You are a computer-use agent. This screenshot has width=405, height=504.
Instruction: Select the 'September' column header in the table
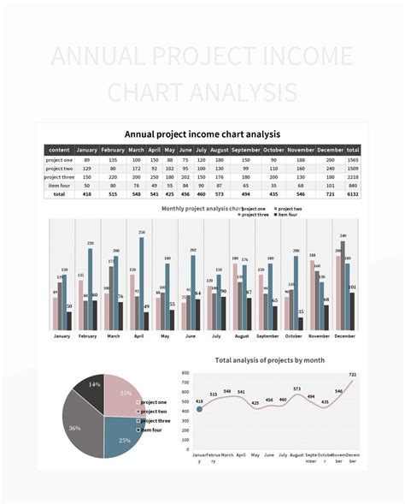tap(247, 150)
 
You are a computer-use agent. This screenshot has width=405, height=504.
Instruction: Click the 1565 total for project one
tap(353, 159)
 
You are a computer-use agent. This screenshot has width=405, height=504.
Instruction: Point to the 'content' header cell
tap(59, 150)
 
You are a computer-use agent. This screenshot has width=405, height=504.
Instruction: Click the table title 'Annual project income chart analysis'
tap(202, 133)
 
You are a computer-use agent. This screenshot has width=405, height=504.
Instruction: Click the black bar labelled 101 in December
tap(351, 311)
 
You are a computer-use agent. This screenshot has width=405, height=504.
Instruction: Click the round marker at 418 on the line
tap(199, 410)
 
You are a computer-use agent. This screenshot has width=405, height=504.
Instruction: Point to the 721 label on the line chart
tap(352, 375)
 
